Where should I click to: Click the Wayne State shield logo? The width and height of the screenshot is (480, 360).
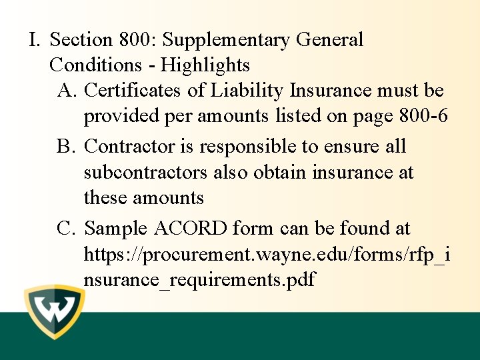coord(54,311)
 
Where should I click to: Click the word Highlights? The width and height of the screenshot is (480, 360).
coord(205,65)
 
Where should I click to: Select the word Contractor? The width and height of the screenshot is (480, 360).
coord(124,147)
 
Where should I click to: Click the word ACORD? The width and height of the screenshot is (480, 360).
coord(191,229)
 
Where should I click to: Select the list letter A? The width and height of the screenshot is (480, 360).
coord(67,91)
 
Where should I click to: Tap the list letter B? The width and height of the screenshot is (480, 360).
coord(67,147)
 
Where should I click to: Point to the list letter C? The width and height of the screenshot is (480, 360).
coord(67,229)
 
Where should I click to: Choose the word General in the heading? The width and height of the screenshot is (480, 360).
coord(329,40)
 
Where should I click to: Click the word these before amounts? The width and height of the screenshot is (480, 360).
coord(105,197)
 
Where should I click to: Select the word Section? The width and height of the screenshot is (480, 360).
coord(82,40)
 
